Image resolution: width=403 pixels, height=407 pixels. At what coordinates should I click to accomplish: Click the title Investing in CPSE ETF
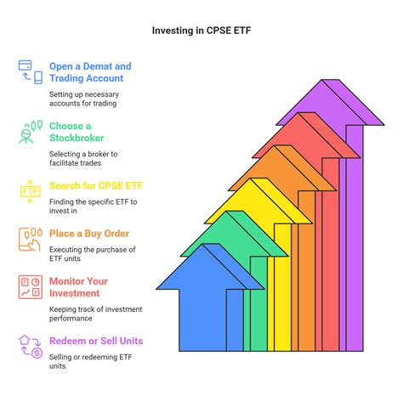[x=201, y=31]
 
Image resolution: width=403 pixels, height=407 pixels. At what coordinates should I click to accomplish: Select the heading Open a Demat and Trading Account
[x=90, y=72]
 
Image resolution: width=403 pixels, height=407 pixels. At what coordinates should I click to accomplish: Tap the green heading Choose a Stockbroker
[x=77, y=132]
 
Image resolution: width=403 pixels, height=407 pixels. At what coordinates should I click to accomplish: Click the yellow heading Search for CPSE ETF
[x=96, y=185]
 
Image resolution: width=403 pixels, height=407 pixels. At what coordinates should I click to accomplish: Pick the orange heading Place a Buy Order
[x=89, y=234]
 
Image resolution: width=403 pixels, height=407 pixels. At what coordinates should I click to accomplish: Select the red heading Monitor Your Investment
[x=78, y=287]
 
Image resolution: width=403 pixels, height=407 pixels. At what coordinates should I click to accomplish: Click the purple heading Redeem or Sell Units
[x=96, y=341]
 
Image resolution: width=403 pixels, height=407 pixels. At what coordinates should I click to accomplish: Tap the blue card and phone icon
[x=31, y=72]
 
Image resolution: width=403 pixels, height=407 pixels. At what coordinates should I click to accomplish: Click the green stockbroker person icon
[x=31, y=132]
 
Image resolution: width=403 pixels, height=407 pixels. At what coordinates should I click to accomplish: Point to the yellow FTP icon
[x=31, y=192]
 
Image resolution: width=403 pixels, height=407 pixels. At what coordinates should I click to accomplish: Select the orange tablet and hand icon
[x=31, y=240]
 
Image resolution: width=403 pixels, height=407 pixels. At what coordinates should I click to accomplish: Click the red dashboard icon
[x=31, y=287]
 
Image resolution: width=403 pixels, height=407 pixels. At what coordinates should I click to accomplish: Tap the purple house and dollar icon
[x=31, y=347]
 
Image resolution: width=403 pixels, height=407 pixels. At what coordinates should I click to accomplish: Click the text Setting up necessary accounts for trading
[x=84, y=99]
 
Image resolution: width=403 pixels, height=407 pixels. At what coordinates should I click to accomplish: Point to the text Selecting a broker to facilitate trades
[x=83, y=158]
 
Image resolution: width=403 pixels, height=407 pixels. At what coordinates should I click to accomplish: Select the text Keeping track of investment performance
[x=96, y=314]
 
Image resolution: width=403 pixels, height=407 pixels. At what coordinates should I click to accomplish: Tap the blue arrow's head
[x=210, y=266]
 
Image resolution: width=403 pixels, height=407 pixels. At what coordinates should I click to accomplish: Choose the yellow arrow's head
[x=258, y=201]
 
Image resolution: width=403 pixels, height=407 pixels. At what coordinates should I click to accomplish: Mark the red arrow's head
[x=306, y=135]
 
